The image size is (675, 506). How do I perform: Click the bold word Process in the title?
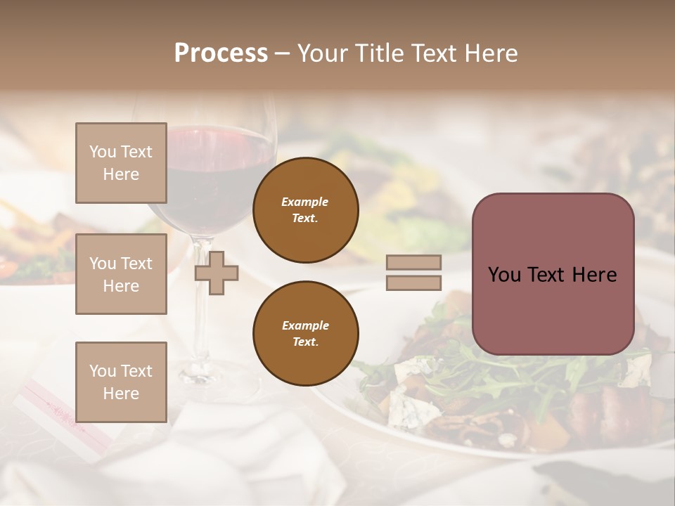(221, 53)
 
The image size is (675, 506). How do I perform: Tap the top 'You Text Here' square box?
(121, 163)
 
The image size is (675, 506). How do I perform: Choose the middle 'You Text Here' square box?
(121, 274)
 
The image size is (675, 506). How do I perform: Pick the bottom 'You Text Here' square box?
(121, 382)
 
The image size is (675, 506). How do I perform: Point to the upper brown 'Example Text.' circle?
(305, 210)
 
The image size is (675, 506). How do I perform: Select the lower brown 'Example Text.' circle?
(305, 334)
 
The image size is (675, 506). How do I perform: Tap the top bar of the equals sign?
(414, 262)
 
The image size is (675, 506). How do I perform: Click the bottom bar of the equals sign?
(414, 283)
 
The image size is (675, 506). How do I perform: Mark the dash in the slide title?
(282, 53)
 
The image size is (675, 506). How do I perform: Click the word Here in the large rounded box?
(594, 275)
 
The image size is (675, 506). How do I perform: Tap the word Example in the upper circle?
(305, 202)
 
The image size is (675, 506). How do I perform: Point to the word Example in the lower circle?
(305, 325)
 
